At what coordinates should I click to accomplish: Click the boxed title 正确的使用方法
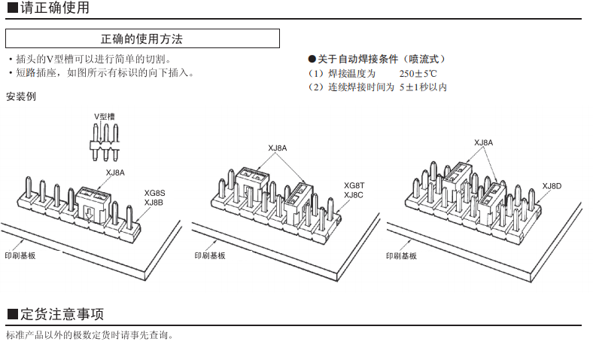[x=142, y=38]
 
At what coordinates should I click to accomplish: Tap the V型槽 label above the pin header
[x=105, y=116]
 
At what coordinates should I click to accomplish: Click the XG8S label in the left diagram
[x=154, y=192]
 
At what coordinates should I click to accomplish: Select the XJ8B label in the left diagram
[x=154, y=202]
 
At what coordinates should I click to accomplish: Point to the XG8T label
[x=354, y=185]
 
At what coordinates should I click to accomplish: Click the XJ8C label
[x=354, y=195]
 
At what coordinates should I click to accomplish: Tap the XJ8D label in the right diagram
[x=552, y=185]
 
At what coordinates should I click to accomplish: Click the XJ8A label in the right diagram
[x=483, y=142]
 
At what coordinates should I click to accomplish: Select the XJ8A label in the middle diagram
[x=277, y=148]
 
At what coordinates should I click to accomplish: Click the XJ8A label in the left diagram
[x=115, y=173]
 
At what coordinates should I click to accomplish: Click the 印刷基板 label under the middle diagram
[x=209, y=255]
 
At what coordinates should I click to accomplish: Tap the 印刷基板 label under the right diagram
[x=401, y=255]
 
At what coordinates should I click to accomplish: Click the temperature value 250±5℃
[x=418, y=73]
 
